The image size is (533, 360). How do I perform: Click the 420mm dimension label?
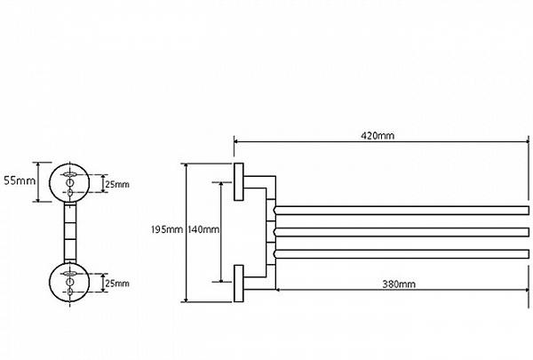[x=378, y=136]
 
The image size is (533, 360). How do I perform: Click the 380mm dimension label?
[x=399, y=284]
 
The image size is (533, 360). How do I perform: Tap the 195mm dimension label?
[x=167, y=229]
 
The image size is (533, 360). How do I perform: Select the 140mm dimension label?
[x=203, y=229]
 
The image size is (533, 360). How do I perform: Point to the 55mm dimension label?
[x=20, y=180]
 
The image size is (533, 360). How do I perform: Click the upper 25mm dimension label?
[x=117, y=184]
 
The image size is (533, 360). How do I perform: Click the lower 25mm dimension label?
[x=117, y=283]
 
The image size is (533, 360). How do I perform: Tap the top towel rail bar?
[x=402, y=211]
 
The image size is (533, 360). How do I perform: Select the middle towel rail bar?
[x=402, y=232]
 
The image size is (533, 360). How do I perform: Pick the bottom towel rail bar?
[x=402, y=254]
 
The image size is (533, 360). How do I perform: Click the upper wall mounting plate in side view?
[x=239, y=181]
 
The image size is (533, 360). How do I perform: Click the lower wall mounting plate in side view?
[x=239, y=284]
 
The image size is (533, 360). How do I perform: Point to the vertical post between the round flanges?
[x=70, y=233]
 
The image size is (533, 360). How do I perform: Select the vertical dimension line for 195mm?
[x=186, y=233]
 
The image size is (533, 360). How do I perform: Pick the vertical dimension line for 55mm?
[x=38, y=182]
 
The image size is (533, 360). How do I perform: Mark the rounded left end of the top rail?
[x=275, y=211]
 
